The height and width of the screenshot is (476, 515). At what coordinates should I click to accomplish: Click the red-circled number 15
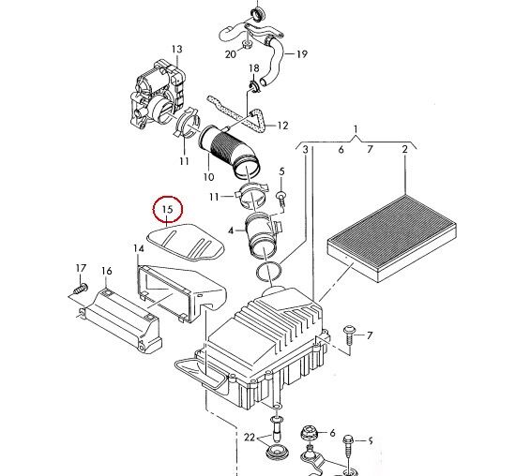(168, 209)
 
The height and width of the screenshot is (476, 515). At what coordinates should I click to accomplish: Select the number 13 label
(176, 50)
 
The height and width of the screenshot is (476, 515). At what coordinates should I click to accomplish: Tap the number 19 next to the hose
(302, 54)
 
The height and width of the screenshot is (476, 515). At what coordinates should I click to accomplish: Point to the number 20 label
(231, 54)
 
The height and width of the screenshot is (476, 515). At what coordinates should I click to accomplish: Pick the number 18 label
(254, 68)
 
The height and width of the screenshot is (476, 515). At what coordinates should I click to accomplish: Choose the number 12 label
(282, 126)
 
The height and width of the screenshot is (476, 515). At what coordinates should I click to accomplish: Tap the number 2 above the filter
(404, 149)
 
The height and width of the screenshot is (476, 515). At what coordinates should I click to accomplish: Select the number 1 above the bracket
(356, 129)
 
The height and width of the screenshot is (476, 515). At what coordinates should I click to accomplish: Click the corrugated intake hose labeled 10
(230, 152)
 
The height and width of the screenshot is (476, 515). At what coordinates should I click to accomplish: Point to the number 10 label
(208, 177)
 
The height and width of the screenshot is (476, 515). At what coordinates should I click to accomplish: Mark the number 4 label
(231, 231)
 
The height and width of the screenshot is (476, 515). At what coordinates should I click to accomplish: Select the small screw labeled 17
(80, 290)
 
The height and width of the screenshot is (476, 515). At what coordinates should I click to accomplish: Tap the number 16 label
(106, 271)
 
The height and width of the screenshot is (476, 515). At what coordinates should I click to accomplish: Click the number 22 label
(250, 438)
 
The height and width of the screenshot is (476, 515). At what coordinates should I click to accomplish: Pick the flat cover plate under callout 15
(186, 242)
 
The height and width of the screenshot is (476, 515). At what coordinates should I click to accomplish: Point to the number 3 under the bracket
(306, 150)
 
